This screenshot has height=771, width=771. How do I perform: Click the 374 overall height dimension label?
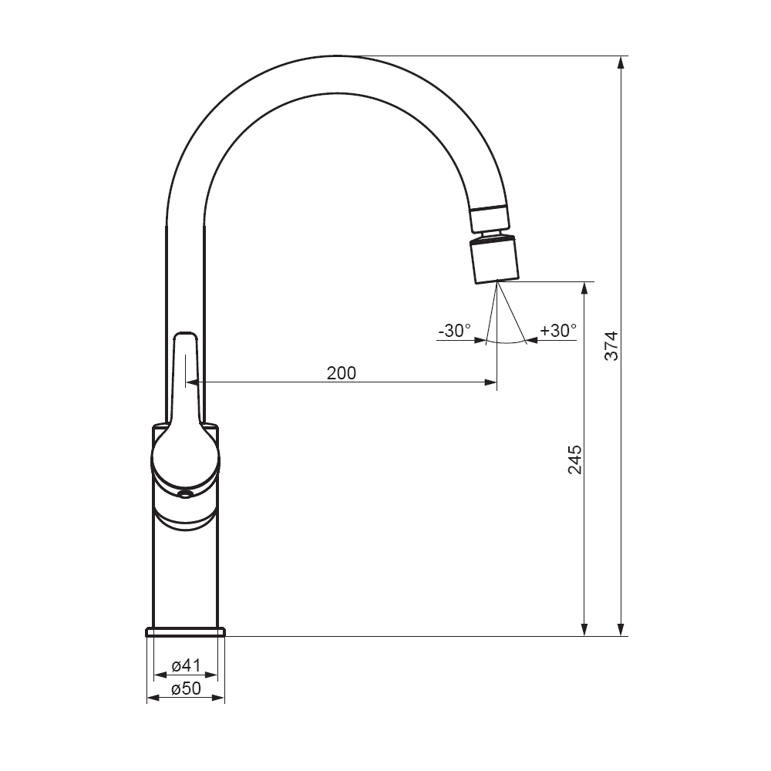tap(611, 346)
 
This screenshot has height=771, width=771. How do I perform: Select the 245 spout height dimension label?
tap(575, 460)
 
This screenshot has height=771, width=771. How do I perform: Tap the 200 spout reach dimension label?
tap(342, 373)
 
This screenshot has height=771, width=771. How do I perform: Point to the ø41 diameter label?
tap(186, 665)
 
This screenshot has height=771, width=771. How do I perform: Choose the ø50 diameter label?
tap(186, 689)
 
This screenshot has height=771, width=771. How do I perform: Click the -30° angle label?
tap(454, 331)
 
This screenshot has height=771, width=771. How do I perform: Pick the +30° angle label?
tap(558, 331)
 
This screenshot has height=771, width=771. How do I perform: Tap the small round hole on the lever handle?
tap(185, 494)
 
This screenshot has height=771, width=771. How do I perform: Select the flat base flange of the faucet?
tap(186, 632)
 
